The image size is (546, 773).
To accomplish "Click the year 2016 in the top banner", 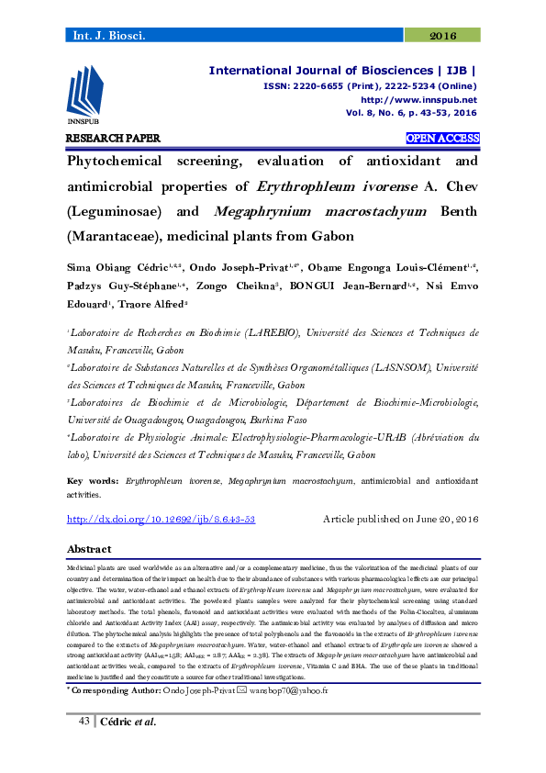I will pos(443,36).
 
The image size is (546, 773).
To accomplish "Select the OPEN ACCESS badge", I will pos(443,139).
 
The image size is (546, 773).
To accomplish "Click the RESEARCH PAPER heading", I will pos(114,139).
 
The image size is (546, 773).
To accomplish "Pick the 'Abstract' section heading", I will pos(89,549).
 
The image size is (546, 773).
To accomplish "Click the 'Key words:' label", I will pos(94,480).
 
